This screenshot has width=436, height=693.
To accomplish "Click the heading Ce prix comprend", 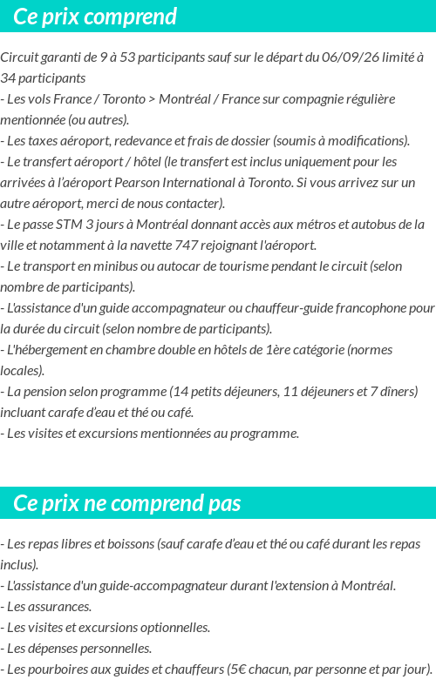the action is [x=95, y=17].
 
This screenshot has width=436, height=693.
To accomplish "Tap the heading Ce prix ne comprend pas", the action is [x=127, y=503].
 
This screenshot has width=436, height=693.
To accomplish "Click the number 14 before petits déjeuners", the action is [x=179, y=392].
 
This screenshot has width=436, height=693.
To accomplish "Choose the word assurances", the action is [x=60, y=606].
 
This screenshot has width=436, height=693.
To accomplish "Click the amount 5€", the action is [x=236, y=669].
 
